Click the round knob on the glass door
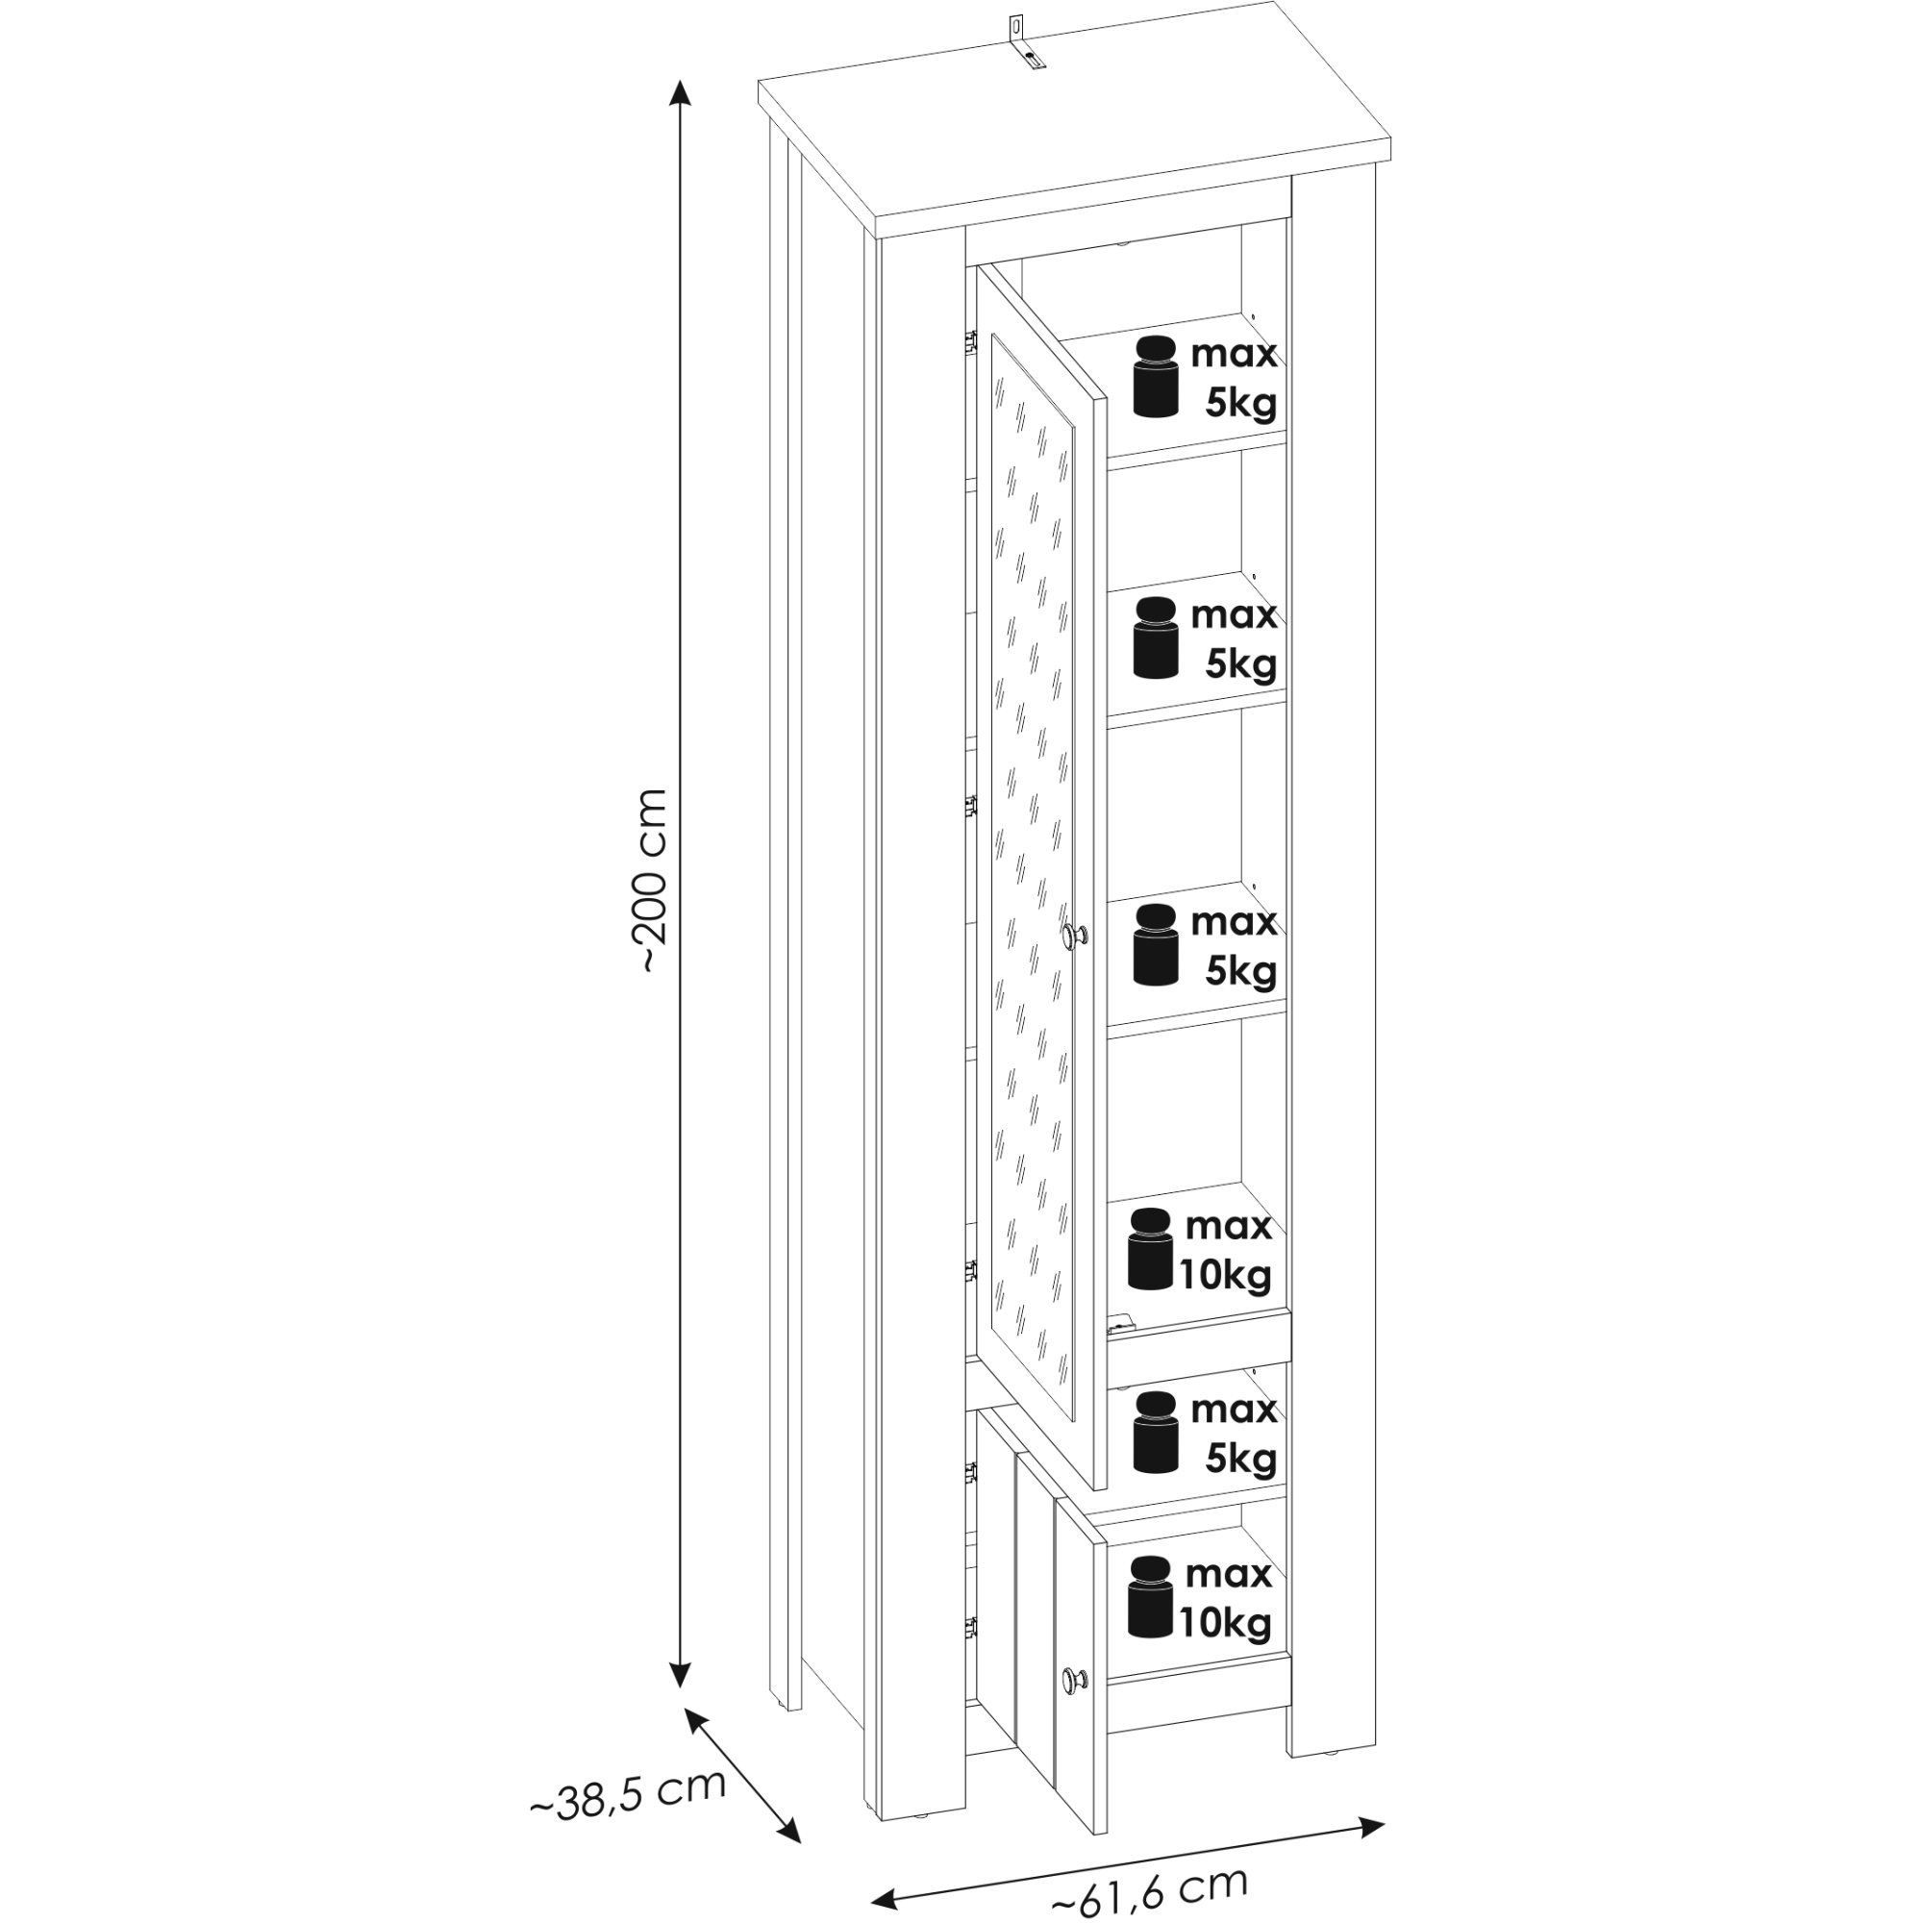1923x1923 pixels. pyautogui.click(x=1076, y=935)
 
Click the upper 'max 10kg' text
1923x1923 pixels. pyautogui.click(x=1226, y=1250)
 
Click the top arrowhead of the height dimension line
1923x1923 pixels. pyautogui.click(x=680, y=91)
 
